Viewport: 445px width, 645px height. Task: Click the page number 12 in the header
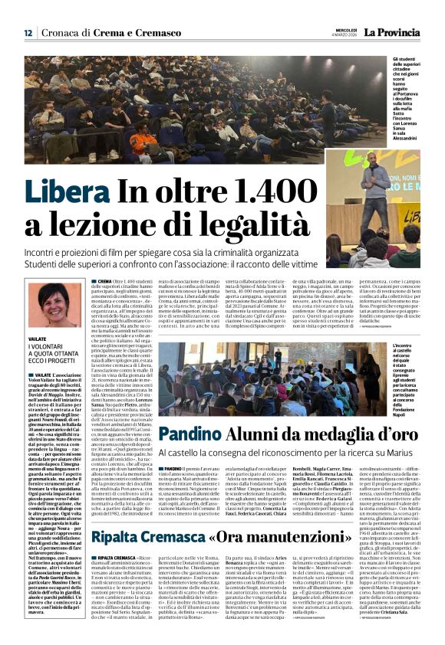pos(28,33)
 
